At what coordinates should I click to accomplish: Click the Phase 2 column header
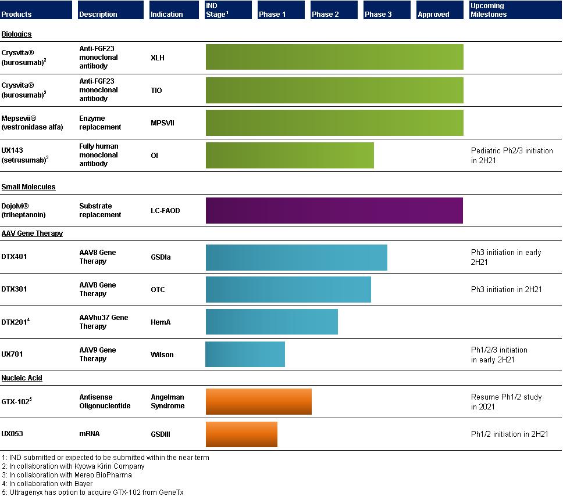[x=334, y=10]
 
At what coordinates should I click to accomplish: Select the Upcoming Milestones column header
[x=516, y=10]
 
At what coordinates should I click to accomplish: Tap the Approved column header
[x=440, y=10]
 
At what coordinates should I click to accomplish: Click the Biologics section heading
[x=16, y=34]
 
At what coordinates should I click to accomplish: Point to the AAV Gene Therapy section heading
[x=32, y=233]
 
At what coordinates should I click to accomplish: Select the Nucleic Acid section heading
[x=22, y=378]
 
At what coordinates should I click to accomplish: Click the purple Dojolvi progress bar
[x=334, y=210]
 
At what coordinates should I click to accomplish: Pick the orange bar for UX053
[x=241, y=434]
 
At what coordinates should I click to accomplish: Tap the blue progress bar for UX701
[x=245, y=354]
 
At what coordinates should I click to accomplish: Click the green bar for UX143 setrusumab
[x=290, y=155]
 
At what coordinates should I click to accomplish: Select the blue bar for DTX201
[x=272, y=322]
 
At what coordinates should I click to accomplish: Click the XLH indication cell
[x=158, y=57]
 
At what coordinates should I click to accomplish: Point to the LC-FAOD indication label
[x=165, y=210]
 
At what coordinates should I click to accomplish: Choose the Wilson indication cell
[x=162, y=355]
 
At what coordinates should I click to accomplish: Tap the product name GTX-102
[x=16, y=401]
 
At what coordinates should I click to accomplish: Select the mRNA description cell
[x=90, y=434]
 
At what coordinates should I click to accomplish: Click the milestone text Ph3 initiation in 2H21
[x=506, y=289]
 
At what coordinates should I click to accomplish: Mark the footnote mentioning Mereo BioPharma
[x=67, y=475]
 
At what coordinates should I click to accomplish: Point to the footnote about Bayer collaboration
[x=47, y=483]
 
